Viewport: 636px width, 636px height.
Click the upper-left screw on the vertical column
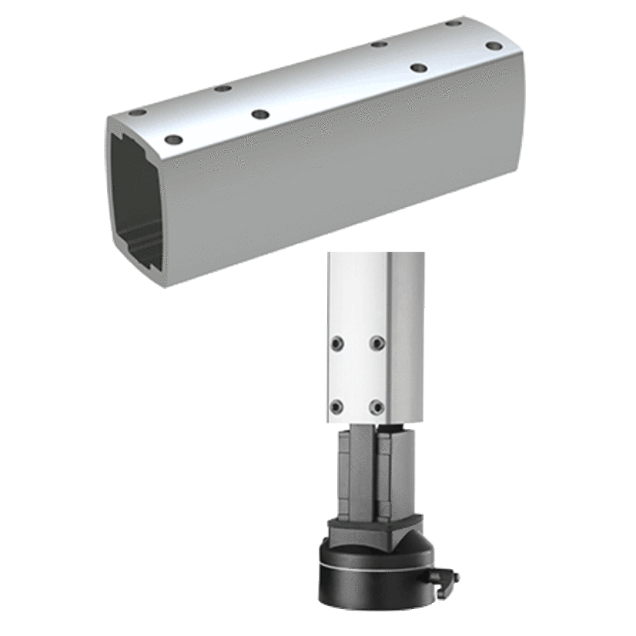point(336,341)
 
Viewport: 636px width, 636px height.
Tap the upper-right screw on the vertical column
point(377,342)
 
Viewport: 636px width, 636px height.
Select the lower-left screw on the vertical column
point(336,405)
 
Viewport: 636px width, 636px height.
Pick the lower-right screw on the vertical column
point(377,406)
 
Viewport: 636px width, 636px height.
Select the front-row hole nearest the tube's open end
point(174,140)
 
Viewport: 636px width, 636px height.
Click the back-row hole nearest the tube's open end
point(136,113)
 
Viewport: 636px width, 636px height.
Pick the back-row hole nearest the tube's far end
point(454,23)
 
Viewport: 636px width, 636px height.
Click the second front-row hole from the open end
point(260,114)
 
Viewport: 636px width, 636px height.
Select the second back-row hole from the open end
point(223,89)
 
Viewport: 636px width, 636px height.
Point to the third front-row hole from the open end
point(418,68)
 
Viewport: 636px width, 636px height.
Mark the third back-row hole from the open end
point(378,44)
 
